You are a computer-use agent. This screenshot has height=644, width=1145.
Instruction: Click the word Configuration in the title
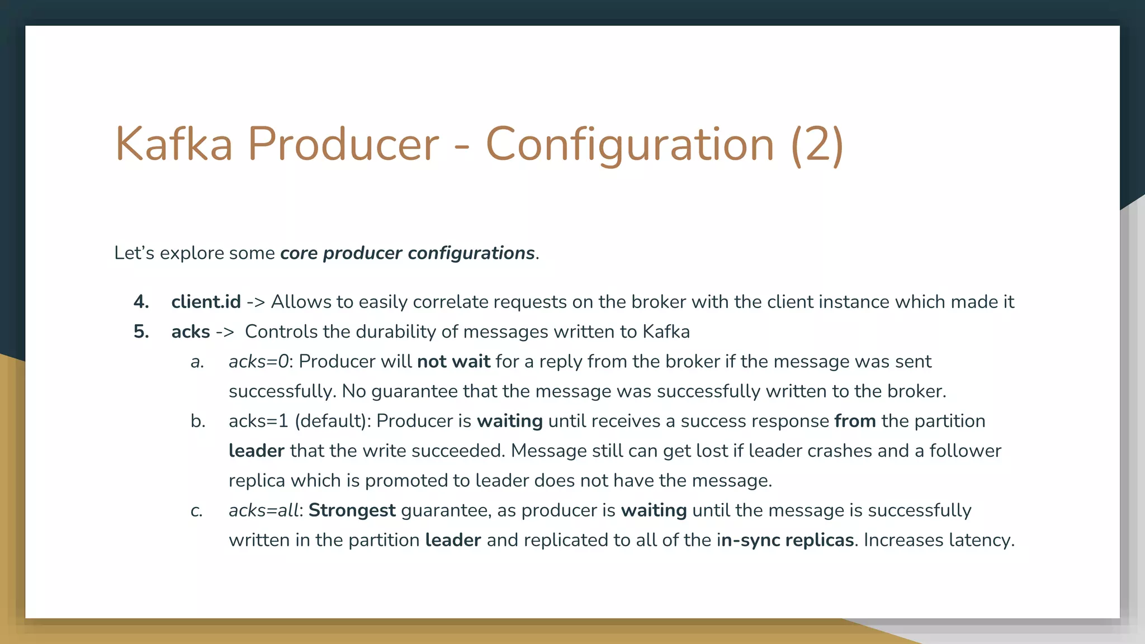[630, 144]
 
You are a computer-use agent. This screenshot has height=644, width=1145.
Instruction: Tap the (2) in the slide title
[817, 144]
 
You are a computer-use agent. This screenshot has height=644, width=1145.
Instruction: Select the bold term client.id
[206, 302]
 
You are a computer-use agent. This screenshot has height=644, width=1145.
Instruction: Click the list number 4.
[141, 302]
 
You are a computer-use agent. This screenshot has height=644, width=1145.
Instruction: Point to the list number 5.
[141, 332]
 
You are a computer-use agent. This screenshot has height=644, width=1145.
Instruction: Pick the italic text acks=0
[258, 362]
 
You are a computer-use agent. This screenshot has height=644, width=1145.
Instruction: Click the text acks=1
[258, 421]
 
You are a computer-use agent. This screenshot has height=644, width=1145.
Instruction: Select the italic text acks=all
[263, 510]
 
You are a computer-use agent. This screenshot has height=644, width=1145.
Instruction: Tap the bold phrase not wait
[453, 362]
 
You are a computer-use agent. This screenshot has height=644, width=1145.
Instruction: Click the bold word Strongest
[352, 510]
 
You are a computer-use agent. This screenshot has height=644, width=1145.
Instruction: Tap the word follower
[965, 451]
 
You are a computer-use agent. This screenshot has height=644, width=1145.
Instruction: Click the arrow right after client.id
[256, 302]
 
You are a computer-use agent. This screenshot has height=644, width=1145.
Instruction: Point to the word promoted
[417, 481]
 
